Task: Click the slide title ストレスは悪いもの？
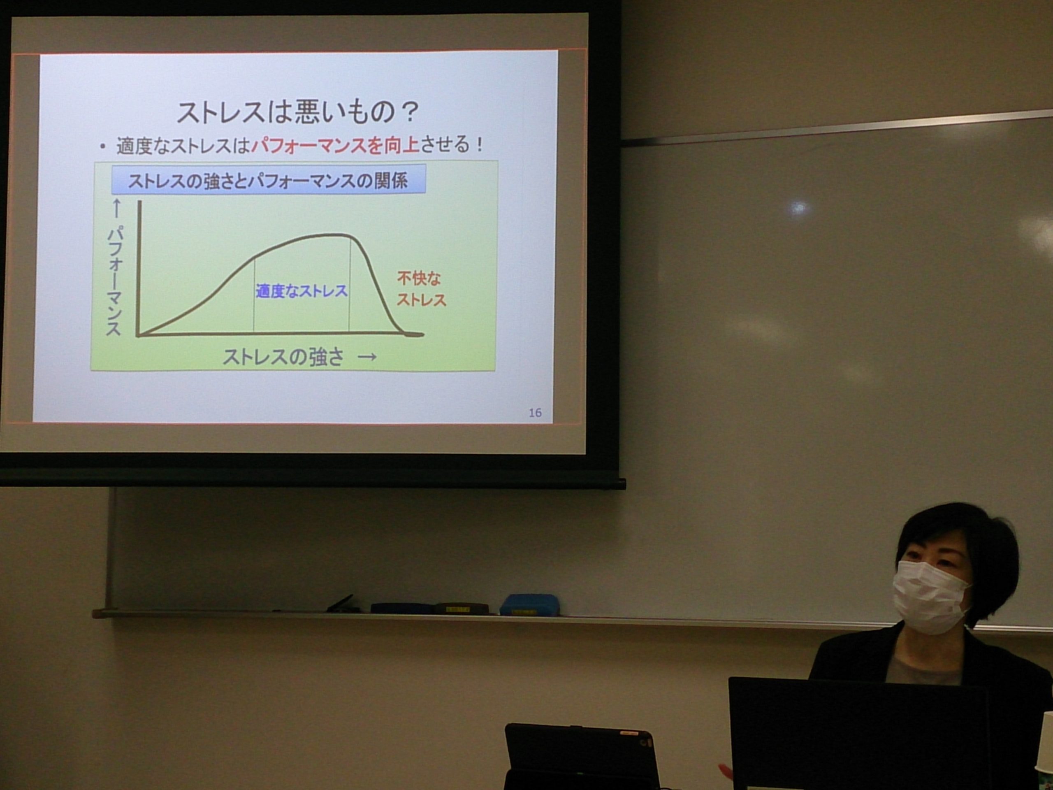[297, 112]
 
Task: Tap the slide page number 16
[535, 413]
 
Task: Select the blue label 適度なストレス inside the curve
[302, 291]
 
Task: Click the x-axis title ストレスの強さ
[283, 357]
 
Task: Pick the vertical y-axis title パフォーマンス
[114, 281]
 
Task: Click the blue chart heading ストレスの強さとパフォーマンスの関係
[268, 181]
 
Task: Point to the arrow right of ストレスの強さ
[367, 357]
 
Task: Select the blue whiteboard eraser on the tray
[529, 604]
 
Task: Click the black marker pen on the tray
[340, 603]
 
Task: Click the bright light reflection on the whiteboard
[799, 208]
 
